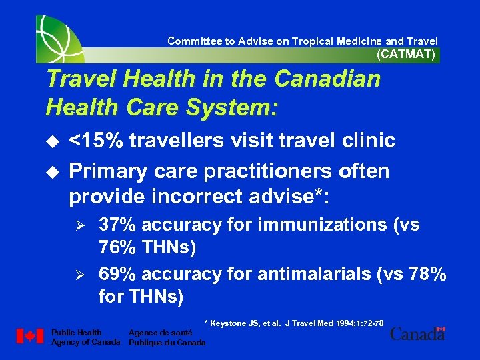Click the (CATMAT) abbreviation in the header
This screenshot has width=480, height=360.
[x=406, y=55]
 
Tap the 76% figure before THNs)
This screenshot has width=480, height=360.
[x=119, y=248]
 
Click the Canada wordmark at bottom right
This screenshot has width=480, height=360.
[x=417, y=333]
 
